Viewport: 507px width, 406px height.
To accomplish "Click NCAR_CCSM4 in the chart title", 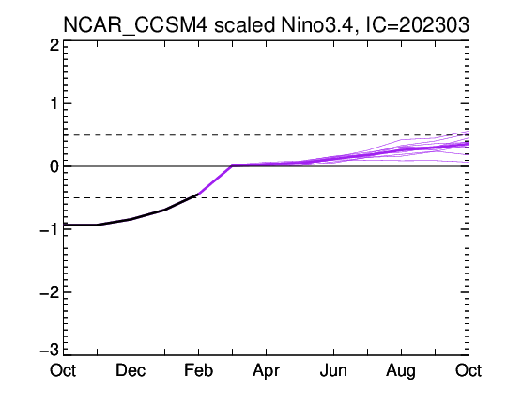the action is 135,25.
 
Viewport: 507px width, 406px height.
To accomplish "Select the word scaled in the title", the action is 244,24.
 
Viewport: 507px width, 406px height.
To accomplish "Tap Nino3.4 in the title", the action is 319,25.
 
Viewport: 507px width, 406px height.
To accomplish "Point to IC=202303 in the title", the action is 417,25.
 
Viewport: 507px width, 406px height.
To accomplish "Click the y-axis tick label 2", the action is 54,45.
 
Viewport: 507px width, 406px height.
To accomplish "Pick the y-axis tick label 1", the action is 54,103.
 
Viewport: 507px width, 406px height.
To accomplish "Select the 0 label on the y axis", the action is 54,166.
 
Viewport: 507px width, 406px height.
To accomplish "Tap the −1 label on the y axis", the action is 50,229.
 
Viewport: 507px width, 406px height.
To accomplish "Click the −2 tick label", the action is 50,292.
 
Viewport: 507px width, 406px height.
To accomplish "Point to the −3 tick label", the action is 50,351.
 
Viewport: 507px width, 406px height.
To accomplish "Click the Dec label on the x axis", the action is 131,370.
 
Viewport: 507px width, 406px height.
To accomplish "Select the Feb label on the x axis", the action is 198,370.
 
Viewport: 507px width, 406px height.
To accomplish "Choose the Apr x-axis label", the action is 266,371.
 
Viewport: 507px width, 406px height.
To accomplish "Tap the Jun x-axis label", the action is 333,370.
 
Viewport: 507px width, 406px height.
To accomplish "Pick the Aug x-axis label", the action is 401,371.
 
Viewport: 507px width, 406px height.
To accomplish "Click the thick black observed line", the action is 131,219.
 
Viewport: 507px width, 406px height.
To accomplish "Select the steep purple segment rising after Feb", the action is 215,180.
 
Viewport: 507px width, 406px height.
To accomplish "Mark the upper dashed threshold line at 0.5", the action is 266,135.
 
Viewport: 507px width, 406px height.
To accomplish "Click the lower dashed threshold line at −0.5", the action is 266,197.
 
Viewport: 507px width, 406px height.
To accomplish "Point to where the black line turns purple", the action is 198,195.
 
